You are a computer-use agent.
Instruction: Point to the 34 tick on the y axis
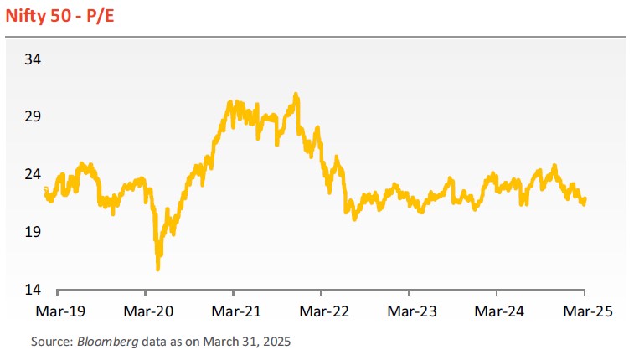point(33,59)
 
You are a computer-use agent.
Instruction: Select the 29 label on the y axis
point(33,116)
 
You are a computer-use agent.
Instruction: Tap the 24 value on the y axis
point(33,174)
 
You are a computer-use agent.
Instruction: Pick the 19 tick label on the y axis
point(33,232)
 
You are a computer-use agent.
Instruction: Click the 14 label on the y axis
point(33,290)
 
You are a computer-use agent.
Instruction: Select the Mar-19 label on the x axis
point(57,311)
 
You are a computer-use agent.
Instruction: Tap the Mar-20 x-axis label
point(146,311)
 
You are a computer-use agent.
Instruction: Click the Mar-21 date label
point(234,311)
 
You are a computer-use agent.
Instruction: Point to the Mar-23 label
point(410,311)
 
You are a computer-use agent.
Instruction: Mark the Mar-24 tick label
point(497,311)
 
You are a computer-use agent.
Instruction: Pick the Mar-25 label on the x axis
point(585,311)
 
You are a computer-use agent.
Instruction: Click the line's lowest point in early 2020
point(158,269)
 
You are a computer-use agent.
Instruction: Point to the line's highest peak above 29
point(296,94)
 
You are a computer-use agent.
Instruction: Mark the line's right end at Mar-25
point(585,199)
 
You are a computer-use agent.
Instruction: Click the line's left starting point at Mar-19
point(45,188)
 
